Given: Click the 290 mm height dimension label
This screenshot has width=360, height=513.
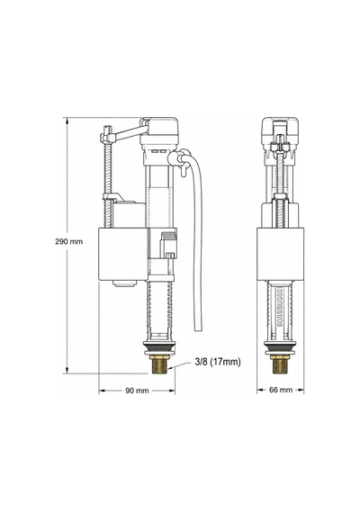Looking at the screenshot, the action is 69,242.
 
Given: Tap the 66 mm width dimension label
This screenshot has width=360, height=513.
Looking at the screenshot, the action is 281,390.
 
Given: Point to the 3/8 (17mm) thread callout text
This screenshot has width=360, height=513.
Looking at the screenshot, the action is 218,362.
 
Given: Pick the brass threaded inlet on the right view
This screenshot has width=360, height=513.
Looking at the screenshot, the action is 280,364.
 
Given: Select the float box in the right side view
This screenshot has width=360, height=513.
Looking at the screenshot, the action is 280,254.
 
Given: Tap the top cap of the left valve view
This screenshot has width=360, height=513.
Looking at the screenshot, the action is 159,130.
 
